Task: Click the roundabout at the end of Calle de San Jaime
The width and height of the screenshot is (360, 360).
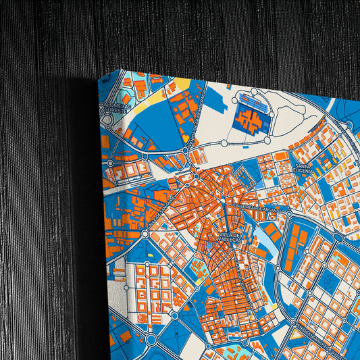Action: pyautogui.click(x=145, y=234)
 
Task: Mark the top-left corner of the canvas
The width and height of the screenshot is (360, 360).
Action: pyautogui.click(x=100, y=80)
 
